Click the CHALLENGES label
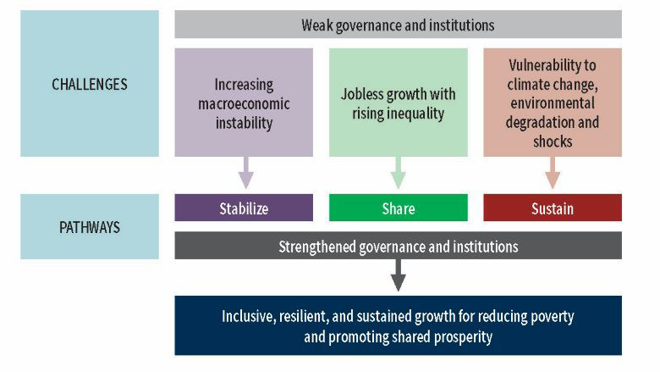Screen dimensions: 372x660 coord(89,84)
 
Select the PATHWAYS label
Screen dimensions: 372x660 coord(89,227)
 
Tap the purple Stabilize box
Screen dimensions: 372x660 coord(244,208)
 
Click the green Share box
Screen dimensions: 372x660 coord(398,208)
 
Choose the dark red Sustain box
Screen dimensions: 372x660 coord(553,208)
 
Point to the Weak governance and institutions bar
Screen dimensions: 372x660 coord(398,25)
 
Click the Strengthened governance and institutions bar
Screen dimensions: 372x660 coord(398,247)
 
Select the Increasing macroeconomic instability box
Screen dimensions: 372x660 coord(244,103)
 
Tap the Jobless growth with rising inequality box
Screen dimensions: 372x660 coord(398,103)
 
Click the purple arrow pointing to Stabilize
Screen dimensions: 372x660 coord(245,173)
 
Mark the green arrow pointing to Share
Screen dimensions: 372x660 coord(399,173)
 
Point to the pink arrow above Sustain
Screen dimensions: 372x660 coord(553,173)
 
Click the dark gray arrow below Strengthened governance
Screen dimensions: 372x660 coord(399,275)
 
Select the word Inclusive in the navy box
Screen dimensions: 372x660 coord(250,316)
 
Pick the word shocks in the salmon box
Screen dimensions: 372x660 coord(553,141)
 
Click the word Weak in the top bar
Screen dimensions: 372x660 coord(316,25)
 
